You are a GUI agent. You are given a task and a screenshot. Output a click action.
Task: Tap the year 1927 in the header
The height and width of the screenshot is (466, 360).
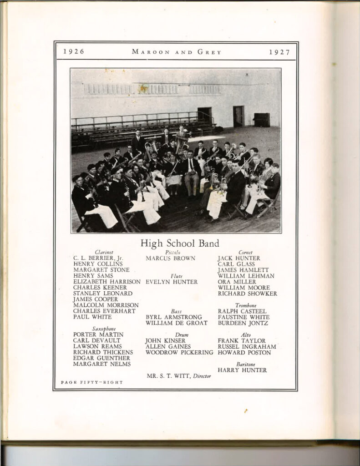tap(279, 52)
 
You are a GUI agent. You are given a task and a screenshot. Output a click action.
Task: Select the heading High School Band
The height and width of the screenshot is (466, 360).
tap(180, 243)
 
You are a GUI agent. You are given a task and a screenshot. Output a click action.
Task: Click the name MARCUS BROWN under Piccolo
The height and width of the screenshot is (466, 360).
tap(170, 258)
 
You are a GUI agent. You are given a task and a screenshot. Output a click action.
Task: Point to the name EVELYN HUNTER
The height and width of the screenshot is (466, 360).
tap(172, 282)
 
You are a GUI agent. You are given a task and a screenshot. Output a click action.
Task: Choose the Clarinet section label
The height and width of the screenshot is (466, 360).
tap(104, 252)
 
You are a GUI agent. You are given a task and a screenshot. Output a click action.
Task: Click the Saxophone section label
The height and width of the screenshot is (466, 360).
tap(104, 329)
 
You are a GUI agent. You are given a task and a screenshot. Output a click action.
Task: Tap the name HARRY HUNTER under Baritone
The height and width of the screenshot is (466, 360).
tap(242, 370)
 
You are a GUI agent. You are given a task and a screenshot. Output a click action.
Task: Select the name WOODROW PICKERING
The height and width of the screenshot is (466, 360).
tap(179, 352)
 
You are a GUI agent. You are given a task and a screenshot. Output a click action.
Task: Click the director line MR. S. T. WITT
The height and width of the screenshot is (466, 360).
tap(179, 376)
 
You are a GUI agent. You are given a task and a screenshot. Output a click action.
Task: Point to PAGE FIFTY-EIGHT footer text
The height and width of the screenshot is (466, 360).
tap(91, 382)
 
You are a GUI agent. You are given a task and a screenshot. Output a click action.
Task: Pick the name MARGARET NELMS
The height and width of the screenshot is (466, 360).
tap(102, 364)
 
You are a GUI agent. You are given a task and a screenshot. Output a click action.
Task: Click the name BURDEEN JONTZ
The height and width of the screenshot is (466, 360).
tap(243, 323)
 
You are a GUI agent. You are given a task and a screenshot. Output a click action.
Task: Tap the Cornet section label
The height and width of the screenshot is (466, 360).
tap(245, 252)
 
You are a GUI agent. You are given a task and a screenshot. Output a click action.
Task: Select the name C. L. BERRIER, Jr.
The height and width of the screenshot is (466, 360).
tap(98, 258)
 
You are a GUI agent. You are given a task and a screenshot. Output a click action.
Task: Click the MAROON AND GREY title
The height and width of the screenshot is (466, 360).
tap(177, 52)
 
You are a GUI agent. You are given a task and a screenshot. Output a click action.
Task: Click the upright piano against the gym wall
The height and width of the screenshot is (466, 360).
tap(261, 119)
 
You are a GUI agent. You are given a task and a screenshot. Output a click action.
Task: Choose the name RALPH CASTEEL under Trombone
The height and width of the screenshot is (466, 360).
tap(242, 311)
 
